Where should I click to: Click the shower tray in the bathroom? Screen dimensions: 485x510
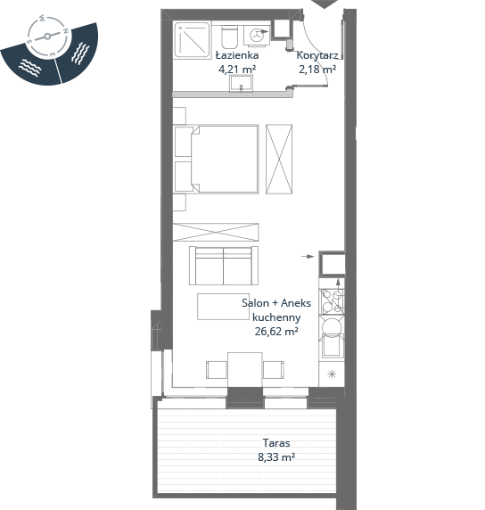pos(192,40)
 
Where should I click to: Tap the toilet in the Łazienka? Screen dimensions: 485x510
pos(230,37)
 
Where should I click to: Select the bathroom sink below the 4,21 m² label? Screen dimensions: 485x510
pos(241,83)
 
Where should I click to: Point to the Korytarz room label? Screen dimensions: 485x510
pos(317,55)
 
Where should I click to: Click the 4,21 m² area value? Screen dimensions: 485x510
pos(237,69)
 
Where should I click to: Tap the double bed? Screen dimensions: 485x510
pos(217,160)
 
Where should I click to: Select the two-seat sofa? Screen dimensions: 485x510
pos(224,266)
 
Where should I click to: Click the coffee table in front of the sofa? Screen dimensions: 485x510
pos(223,307)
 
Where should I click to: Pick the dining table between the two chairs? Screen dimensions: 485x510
pos(245,370)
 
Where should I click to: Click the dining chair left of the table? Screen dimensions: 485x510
pos(217,370)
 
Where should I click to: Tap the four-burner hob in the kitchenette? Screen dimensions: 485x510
pos(332,301)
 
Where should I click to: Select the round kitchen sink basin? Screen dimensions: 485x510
pos(332,327)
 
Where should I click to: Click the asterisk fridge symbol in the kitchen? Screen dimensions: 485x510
pos(332,374)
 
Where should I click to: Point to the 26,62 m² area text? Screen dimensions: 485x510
pos(276,332)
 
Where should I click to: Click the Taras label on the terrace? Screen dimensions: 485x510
pos(276,443)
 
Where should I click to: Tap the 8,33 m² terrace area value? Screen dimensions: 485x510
pos(276,457)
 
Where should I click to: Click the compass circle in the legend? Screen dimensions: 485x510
pos(48,37)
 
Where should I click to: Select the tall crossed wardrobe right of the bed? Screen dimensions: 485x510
pos(279,160)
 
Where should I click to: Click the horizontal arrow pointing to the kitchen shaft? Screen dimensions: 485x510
pos(308,257)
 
